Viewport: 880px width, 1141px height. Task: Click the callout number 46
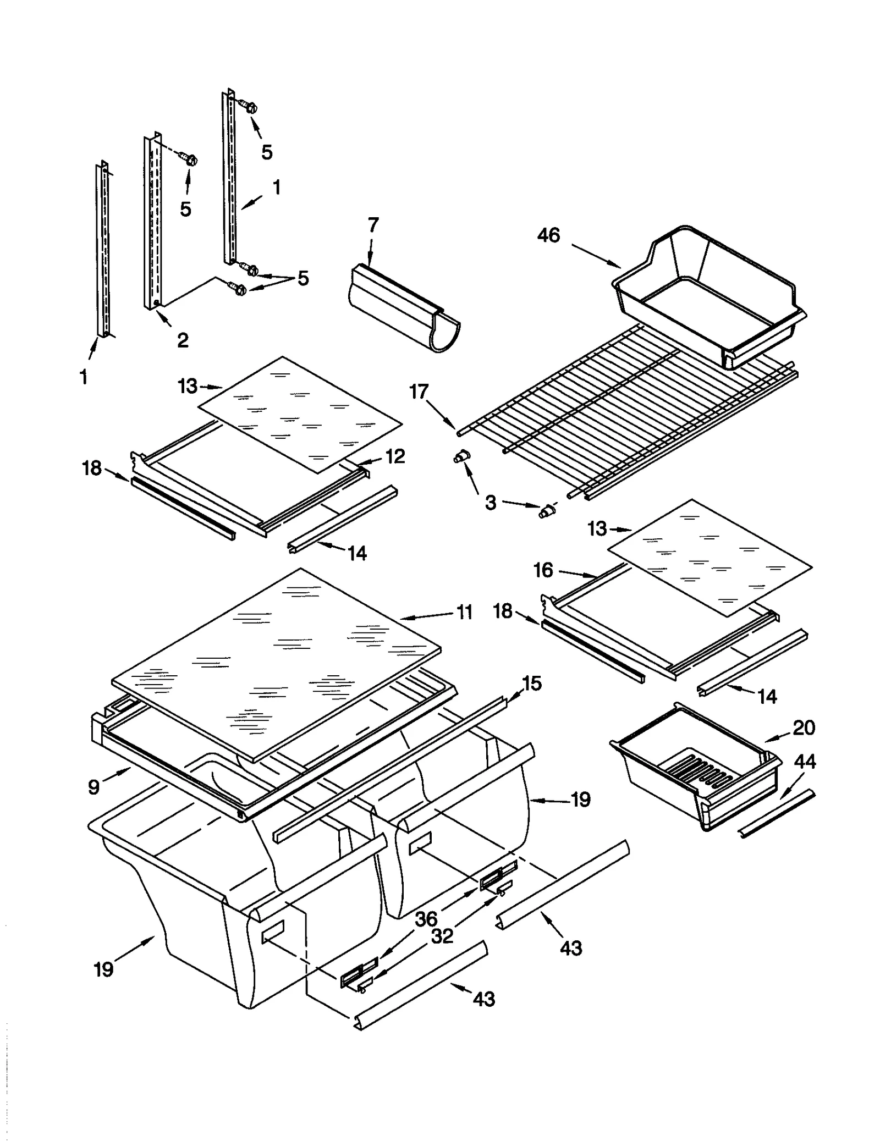[548, 235]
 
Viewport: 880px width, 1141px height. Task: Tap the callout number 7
[373, 225]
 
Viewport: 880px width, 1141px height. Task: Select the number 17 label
[419, 392]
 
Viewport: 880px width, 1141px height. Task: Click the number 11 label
[465, 611]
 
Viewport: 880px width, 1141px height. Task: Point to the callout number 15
[531, 684]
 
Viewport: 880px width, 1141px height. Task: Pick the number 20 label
[804, 727]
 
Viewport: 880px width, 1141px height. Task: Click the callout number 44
[805, 762]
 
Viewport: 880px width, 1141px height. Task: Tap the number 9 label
[94, 787]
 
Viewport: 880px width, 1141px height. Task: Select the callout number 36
[426, 918]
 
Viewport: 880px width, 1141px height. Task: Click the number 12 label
[395, 456]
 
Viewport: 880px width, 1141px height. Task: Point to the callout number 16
[543, 570]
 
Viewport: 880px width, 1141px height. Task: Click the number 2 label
[183, 340]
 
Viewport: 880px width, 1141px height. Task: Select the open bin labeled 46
[710, 297]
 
